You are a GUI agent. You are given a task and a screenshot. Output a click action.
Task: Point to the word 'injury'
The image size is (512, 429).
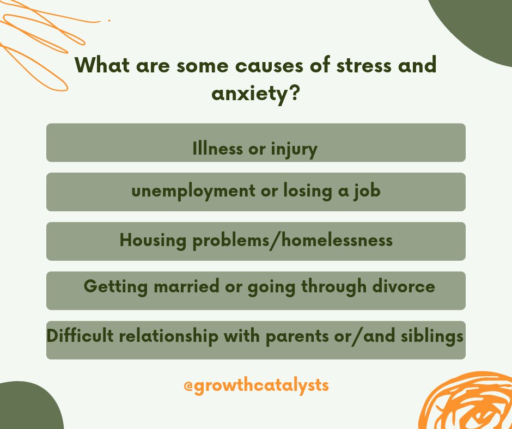click(294, 149)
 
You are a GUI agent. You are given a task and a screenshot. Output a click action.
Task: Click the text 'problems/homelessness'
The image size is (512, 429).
click(291, 240)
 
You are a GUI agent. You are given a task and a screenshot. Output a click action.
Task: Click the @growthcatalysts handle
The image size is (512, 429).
click(256, 385)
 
